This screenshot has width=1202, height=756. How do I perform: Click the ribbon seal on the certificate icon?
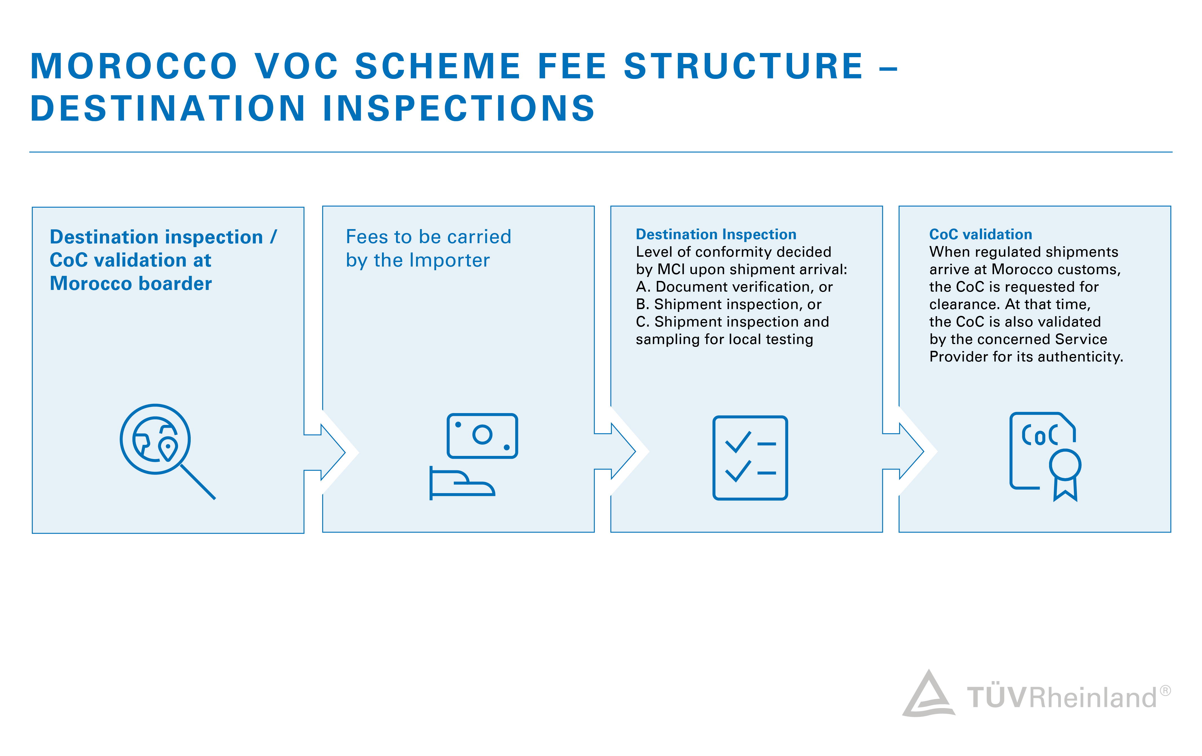(1065, 475)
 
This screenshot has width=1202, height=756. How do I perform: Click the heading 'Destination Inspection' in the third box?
(716, 234)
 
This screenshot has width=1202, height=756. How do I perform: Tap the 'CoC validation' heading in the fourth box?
(980, 234)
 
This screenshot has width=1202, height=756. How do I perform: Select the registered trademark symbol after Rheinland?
(1165, 691)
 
